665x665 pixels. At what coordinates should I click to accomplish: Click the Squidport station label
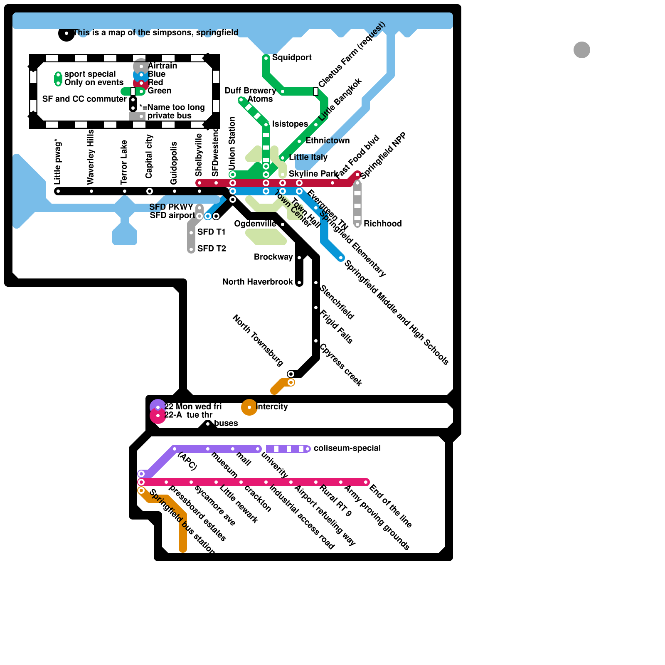[291, 57]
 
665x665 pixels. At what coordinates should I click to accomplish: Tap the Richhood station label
[382, 224]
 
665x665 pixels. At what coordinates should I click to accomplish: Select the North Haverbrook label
[257, 282]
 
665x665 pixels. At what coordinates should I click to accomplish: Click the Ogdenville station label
[254, 224]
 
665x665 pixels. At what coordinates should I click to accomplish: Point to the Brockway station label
[273, 257]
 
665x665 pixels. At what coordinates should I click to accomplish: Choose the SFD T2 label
[212, 249]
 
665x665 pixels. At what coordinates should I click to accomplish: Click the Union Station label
[232, 143]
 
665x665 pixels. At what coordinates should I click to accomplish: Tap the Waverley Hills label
[91, 157]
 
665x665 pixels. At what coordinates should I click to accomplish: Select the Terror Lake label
[124, 162]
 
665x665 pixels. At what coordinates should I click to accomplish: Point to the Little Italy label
[308, 157]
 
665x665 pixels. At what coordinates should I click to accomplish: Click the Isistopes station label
[290, 124]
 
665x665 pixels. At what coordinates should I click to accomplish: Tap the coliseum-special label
[347, 448]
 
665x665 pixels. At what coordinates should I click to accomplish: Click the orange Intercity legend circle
[249, 407]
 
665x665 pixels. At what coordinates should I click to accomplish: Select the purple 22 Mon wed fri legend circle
[158, 407]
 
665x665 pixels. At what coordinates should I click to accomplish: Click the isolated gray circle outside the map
[581, 50]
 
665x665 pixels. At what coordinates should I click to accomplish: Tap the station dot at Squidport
[266, 58]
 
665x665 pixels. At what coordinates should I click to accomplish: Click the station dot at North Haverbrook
[299, 283]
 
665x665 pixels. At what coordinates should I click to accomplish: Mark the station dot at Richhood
[357, 224]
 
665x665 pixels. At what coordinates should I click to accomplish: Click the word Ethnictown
[327, 140]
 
